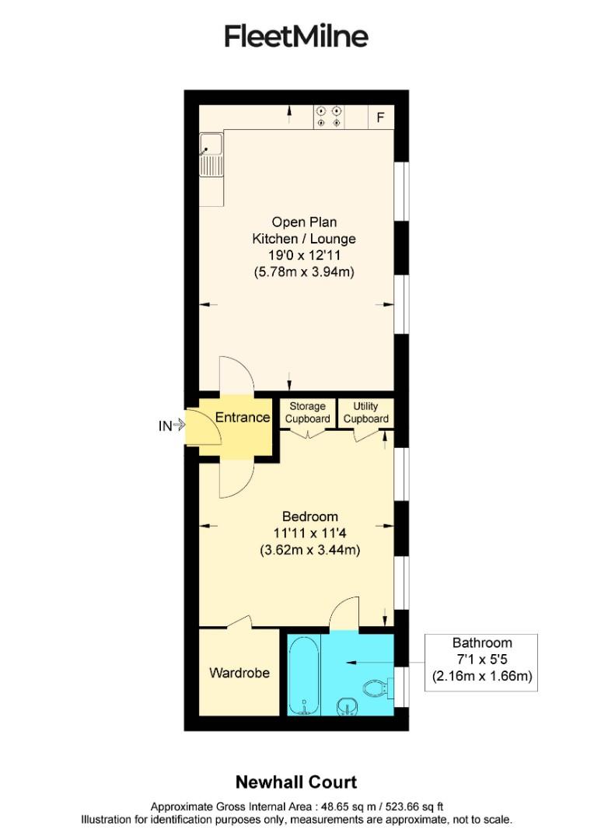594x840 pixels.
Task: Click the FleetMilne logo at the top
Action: [296, 36]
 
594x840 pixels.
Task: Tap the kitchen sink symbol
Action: [211, 154]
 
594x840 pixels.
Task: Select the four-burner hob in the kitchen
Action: [329, 117]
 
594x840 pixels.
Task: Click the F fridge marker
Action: [380, 117]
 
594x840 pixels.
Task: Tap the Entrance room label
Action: [242, 418]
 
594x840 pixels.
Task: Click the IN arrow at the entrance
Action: [170, 425]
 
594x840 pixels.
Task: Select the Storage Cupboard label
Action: [307, 412]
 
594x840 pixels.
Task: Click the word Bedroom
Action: [309, 516]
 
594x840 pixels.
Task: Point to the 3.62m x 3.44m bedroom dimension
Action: [310, 550]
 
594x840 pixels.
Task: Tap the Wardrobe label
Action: [239, 672]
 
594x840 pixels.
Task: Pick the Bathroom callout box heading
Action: [482, 642]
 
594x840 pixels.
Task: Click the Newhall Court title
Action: [296, 782]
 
